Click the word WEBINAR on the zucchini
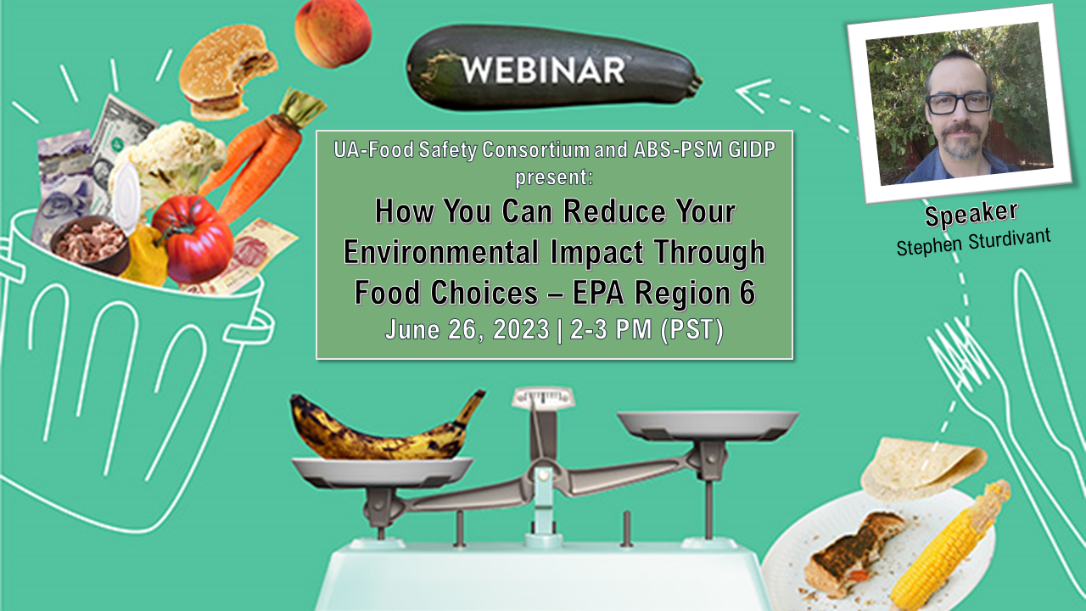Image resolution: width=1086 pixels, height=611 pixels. pos(543,70)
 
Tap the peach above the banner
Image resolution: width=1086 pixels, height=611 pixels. pos(333,33)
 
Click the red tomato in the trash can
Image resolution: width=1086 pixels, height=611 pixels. pos(193,238)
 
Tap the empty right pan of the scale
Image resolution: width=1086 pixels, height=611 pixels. pos(708,424)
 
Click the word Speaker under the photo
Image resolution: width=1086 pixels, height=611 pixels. pos(971,214)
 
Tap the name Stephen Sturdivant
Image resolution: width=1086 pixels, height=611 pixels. pos(973,242)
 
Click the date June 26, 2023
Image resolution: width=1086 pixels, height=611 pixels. pos(467,330)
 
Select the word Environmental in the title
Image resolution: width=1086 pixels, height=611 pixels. pos(441,252)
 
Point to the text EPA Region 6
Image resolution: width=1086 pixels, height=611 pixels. pos(663,293)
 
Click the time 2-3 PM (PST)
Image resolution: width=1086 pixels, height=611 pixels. pos(647,330)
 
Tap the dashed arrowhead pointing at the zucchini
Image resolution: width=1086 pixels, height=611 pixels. pos(753,95)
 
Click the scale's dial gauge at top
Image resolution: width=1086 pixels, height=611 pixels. pos(544,398)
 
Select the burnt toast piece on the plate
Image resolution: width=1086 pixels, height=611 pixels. pos(854,552)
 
